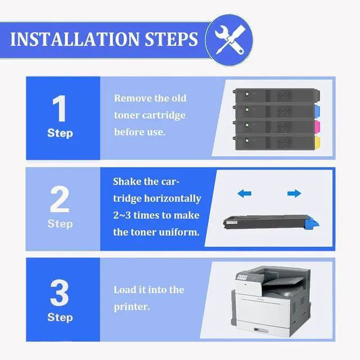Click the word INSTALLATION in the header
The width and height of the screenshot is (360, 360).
coord(75,39)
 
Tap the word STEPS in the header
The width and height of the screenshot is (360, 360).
coord(171,39)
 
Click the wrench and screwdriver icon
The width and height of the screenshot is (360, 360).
coord(229,40)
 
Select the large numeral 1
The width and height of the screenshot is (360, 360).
coord(59,109)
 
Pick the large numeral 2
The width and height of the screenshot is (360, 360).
coord(60,199)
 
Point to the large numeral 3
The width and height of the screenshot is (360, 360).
coord(60,292)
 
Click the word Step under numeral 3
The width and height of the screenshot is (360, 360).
coord(60,317)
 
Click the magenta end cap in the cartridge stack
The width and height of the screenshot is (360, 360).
coord(317,126)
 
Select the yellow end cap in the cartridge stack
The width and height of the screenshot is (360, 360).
coord(317,142)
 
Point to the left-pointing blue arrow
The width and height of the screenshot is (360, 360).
coord(244,193)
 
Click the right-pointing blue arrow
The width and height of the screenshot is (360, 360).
coord(294,193)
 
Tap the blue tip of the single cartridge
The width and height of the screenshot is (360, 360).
coord(312,223)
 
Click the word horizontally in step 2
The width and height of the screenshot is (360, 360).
coord(173,199)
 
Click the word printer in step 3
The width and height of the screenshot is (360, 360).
coord(132,307)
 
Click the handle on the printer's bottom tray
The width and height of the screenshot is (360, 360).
coord(261,330)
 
